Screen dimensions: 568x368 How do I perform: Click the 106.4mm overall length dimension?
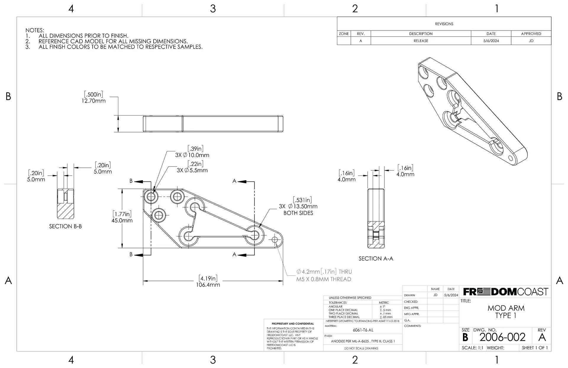[x=208, y=285]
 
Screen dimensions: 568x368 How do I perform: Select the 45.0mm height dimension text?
[x=122, y=220]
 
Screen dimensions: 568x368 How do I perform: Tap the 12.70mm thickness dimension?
[x=93, y=101]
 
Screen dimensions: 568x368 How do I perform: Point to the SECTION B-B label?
[x=65, y=226]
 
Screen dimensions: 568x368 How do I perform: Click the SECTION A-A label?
[x=376, y=259]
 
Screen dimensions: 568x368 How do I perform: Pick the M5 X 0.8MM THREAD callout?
[x=324, y=279]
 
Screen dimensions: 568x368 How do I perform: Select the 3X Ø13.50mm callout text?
[x=298, y=206]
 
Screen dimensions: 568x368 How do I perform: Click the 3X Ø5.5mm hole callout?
[x=192, y=170]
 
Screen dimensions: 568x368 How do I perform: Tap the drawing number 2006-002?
[x=502, y=337]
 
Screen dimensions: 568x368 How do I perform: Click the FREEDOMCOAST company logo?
[x=506, y=292]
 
